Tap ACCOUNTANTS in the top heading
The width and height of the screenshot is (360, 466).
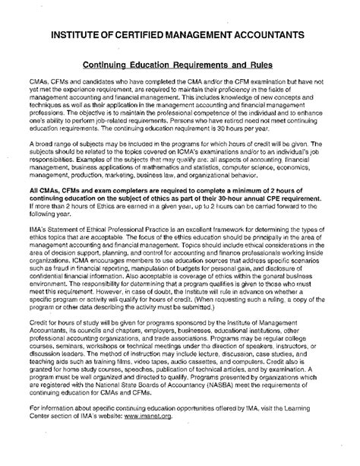(x=263, y=36)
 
